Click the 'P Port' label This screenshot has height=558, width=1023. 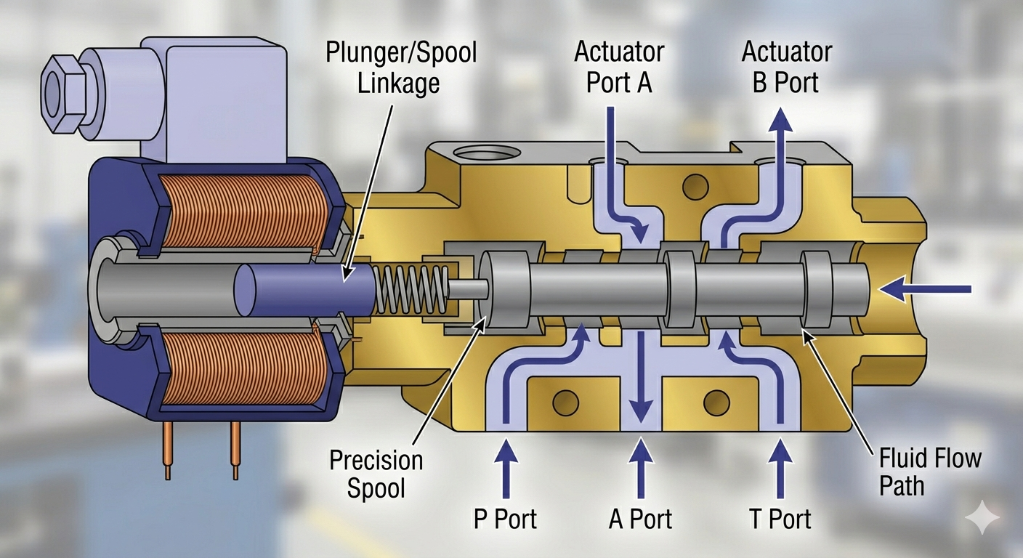point(505,519)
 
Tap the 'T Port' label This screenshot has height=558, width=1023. point(780,519)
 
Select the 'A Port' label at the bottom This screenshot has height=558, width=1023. point(640,519)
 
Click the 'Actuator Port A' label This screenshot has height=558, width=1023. point(619,67)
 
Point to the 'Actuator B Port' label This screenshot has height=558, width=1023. point(786,67)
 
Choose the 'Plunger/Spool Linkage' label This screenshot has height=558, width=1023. point(401,68)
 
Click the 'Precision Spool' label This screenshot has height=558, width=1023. point(376,474)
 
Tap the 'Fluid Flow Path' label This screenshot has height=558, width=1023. point(930,472)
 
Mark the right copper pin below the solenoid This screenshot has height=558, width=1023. point(235,450)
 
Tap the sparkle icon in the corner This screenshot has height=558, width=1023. point(982,517)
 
